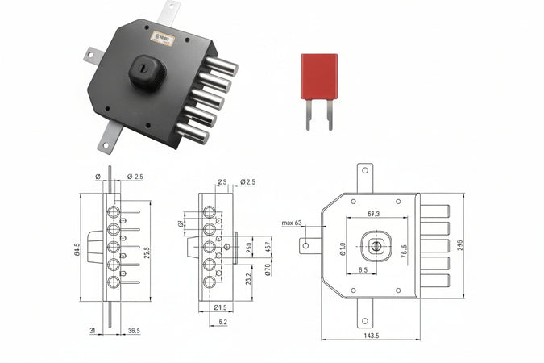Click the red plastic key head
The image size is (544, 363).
point(319,77)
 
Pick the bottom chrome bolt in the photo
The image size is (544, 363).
point(193,131)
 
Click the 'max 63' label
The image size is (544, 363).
point(292,223)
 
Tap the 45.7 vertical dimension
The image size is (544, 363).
point(268,243)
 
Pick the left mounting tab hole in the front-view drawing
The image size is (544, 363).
point(307,244)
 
